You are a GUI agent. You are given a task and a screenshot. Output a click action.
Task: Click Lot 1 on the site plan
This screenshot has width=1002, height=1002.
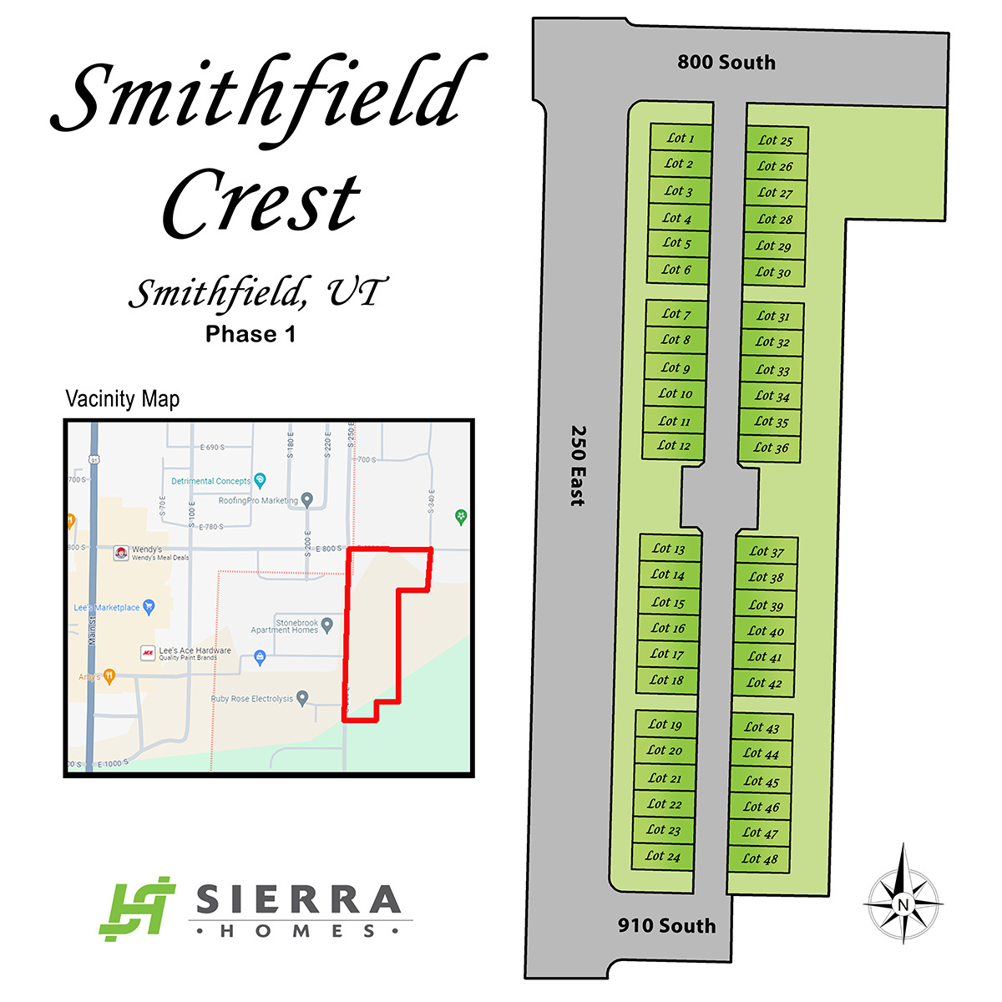coord(681,138)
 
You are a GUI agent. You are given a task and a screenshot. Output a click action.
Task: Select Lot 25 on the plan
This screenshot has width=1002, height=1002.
coord(776,140)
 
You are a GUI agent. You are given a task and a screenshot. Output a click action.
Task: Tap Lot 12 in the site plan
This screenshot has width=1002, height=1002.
coord(674,446)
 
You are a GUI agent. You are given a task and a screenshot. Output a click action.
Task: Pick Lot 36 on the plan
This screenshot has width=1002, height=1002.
coord(771,448)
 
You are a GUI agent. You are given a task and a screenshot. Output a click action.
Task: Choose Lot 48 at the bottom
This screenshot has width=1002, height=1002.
coord(760,858)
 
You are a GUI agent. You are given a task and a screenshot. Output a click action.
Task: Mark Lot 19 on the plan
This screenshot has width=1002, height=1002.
coord(665,725)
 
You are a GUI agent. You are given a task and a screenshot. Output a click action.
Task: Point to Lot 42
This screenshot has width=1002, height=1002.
coord(764,683)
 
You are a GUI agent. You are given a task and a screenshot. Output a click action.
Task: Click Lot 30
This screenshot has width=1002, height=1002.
coord(773,272)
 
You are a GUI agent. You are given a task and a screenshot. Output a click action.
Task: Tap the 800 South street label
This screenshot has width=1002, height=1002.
coord(726,63)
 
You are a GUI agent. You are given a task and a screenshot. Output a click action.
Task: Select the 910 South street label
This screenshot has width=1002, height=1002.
coord(666,925)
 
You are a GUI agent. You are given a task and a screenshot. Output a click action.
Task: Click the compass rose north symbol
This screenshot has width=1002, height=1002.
coord(902,903)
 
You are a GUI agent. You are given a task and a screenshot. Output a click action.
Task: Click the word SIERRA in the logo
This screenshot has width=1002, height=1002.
coord(298,900)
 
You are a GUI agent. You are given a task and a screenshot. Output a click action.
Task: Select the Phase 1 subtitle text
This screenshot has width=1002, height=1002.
coord(250,335)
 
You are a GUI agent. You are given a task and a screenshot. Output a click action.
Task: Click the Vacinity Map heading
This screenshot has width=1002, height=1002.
coord(123,399)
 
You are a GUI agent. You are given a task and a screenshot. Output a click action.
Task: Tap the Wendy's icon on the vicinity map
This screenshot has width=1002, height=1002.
coord(121,553)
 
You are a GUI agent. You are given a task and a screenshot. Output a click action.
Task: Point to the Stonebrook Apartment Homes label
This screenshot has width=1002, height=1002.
coord(286,626)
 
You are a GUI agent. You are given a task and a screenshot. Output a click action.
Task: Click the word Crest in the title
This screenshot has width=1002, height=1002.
coord(261,203)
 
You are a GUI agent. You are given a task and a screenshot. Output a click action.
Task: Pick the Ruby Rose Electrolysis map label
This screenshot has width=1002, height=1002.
coord(252,699)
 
